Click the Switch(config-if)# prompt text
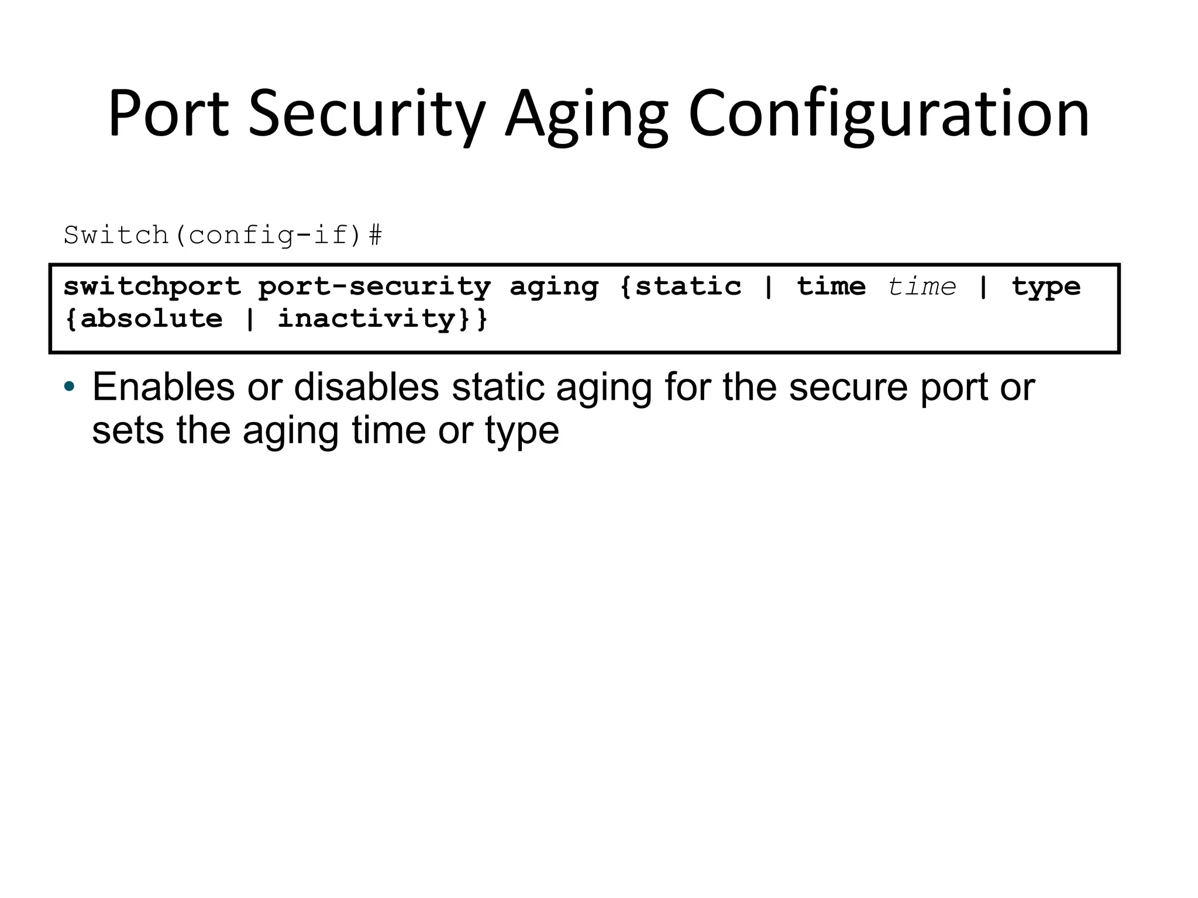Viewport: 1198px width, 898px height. click(223, 236)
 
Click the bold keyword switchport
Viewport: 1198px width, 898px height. click(152, 286)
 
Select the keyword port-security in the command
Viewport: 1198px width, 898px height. click(374, 286)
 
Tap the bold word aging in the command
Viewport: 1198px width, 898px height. click(554, 286)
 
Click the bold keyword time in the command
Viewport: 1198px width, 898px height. click(831, 286)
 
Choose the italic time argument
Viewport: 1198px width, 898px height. click(922, 286)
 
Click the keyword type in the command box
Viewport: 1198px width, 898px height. click(1046, 286)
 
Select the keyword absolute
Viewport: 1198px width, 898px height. click(152, 319)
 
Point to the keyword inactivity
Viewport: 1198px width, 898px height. click(366, 319)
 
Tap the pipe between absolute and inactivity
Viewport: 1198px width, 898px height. click(250, 319)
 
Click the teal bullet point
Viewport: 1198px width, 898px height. click(70, 387)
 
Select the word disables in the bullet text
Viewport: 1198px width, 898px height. click(366, 387)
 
